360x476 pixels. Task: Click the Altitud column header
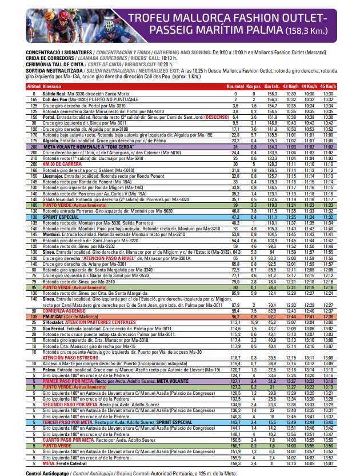(x=34, y=85)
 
